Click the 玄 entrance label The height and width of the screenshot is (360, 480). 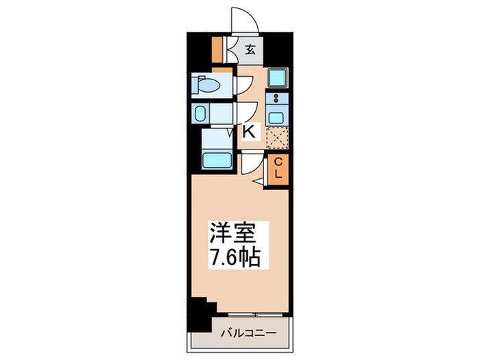pyautogui.click(x=251, y=49)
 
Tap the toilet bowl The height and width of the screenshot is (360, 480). pyautogui.click(x=208, y=86)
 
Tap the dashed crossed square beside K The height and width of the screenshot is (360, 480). pyautogui.click(x=277, y=139)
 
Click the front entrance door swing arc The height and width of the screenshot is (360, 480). pyautogui.click(x=245, y=19)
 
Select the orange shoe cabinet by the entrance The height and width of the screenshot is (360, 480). pyautogui.click(x=217, y=48)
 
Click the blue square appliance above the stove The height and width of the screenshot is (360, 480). pyautogui.click(x=277, y=77)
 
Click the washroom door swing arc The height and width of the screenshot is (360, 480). pyautogui.click(x=245, y=112)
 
